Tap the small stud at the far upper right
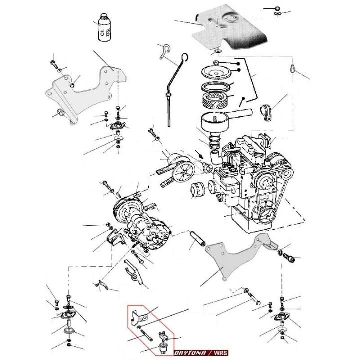292,68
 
